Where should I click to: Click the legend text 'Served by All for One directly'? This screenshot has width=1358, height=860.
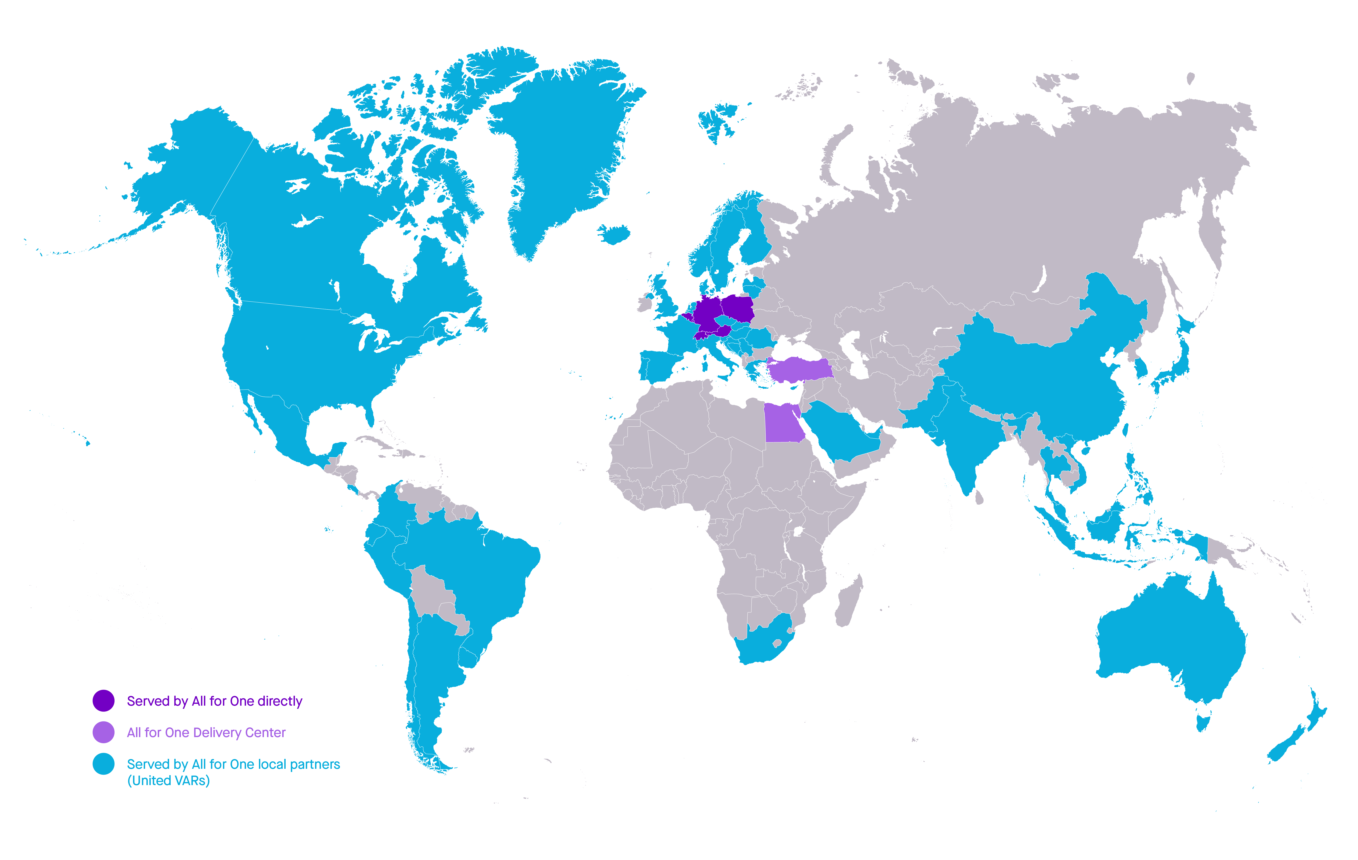click(214, 701)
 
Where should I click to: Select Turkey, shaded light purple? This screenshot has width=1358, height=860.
click(801, 370)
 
